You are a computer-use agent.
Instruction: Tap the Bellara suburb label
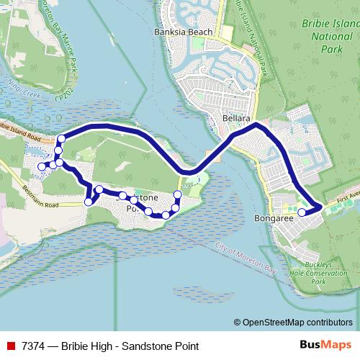235,117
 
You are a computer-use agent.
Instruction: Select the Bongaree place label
271,217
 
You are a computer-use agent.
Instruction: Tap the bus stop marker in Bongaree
302,212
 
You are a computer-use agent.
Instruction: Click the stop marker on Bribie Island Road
61,138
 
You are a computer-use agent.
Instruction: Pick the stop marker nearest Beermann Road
89,202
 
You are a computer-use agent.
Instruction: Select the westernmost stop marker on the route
41,166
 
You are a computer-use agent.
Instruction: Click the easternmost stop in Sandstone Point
178,195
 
